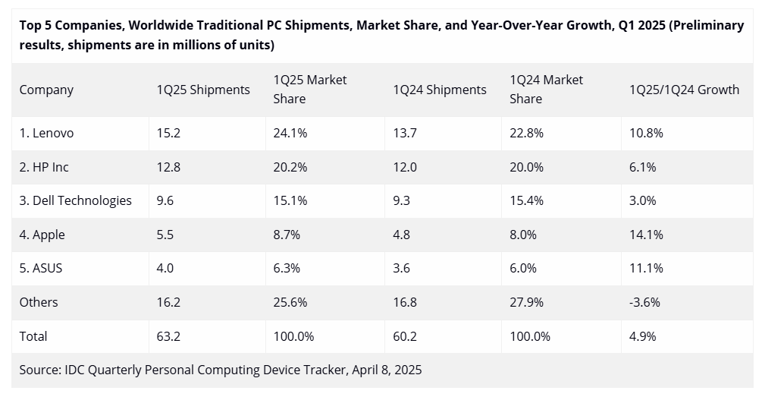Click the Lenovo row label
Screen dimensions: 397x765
(46, 133)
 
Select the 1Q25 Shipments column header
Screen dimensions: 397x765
(203, 90)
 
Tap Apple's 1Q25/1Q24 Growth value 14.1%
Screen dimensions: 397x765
(646, 235)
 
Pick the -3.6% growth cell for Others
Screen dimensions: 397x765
(644, 302)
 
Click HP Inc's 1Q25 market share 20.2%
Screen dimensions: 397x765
(290, 167)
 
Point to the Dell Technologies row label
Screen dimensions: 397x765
(75, 200)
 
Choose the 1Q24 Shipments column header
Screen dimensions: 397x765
(440, 90)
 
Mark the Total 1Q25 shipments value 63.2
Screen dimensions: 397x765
(168, 336)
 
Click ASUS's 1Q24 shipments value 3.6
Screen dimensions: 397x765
(401, 268)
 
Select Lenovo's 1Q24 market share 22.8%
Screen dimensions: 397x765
(526, 133)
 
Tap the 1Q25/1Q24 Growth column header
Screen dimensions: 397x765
(684, 90)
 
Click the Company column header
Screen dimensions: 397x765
(46, 90)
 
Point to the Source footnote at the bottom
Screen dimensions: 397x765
(221, 370)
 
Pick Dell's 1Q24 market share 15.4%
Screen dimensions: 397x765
(526, 200)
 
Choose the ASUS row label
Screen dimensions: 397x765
(41, 268)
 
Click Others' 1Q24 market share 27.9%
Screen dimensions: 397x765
(526, 302)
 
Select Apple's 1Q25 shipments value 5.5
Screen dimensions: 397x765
(165, 235)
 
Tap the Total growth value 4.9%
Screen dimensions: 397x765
(643, 336)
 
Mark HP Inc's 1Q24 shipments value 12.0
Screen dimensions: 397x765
(404, 167)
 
